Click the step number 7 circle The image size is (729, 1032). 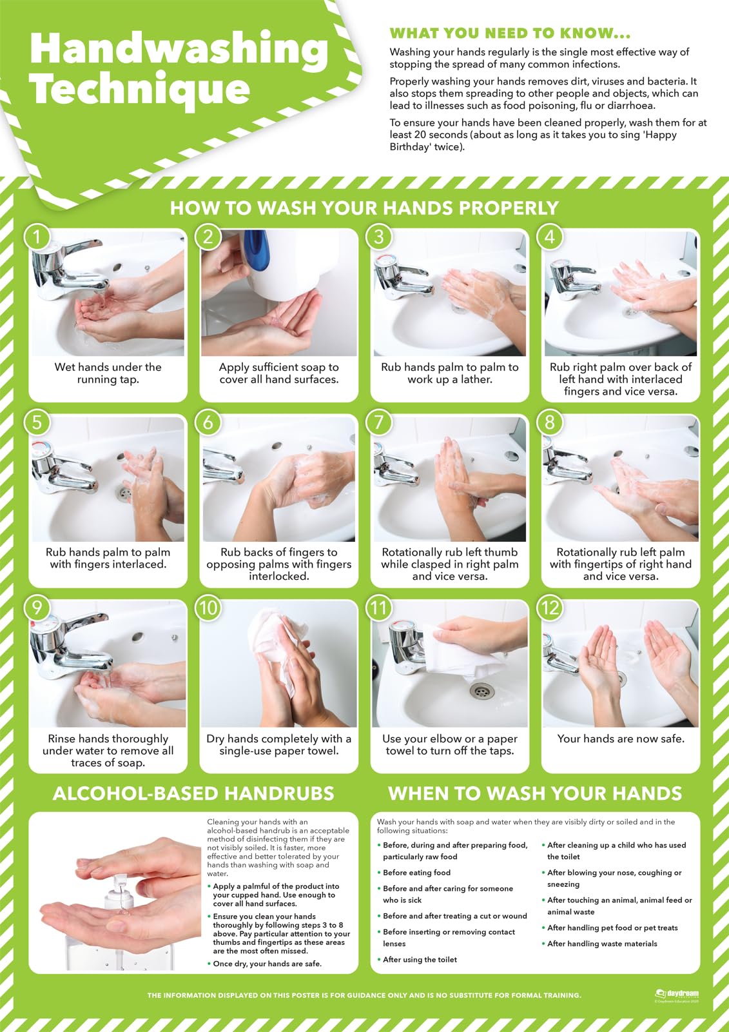[379, 422]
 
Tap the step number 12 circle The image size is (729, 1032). [550, 608]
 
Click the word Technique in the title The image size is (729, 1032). [140, 88]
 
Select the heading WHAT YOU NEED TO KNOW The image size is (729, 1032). [510, 34]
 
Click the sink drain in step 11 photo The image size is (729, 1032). [481, 692]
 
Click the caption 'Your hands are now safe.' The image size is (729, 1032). [621, 739]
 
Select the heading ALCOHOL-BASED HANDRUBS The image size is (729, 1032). [193, 793]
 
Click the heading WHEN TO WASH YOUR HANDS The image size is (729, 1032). [535, 793]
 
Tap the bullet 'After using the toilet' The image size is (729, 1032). [420, 960]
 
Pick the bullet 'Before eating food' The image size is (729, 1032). [416, 873]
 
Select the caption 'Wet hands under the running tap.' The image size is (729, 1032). [108, 373]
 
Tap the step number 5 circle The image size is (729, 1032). [37, 422]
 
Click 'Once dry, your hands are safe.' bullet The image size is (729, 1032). [267, 964]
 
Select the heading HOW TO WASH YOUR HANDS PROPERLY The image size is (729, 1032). [364, 208]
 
